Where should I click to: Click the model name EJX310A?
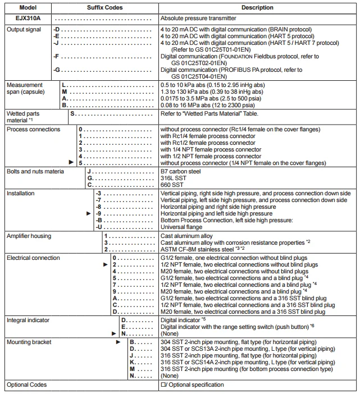pyautogui.click(x=19, y=19)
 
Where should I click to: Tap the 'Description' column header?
pyautogui.click(x=257, y=8)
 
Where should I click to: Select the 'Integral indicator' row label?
pyautogui.click(x=28, y=320)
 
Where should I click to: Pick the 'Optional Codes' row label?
pyautogui.click(x=26, y=385)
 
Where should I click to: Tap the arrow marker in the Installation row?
pyautogui.click(x=88, y=214)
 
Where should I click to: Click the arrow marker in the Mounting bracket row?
pyautogui.click(x=118, y=342)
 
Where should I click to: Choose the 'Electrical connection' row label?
pyautogui.click(x=33, y=258)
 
